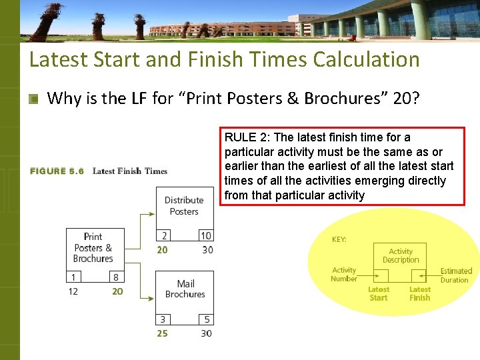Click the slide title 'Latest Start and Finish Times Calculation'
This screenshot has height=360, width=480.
click(224, 59)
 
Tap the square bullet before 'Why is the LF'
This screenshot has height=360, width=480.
click(33, 99)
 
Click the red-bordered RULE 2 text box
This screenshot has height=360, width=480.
click(342, 167)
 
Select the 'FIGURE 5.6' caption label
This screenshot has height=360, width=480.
click(57, 171)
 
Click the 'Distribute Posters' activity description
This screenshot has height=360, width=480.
click(184, 205)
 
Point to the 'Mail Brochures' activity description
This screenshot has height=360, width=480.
click(185, 289)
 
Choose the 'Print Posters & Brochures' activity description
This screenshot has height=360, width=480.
click(93, 247)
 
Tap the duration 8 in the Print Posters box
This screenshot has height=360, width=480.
click(115, 277)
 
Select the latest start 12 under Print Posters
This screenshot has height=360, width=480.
click(73, 291)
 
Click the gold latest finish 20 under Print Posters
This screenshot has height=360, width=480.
click(117, 291)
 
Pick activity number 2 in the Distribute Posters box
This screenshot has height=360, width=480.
click(164, 235)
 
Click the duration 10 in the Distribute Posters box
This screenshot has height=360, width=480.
click(206, 235)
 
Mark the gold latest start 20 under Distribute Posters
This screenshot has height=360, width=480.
click(163, 250)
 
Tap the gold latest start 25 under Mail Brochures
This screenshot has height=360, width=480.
click(163, 333)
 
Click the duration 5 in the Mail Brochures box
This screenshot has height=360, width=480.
click(207, 319)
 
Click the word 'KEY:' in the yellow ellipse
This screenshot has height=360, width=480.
click(339, 239)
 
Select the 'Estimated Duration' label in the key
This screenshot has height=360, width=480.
click(456, 275)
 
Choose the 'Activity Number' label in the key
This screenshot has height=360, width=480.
click(344, 274)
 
